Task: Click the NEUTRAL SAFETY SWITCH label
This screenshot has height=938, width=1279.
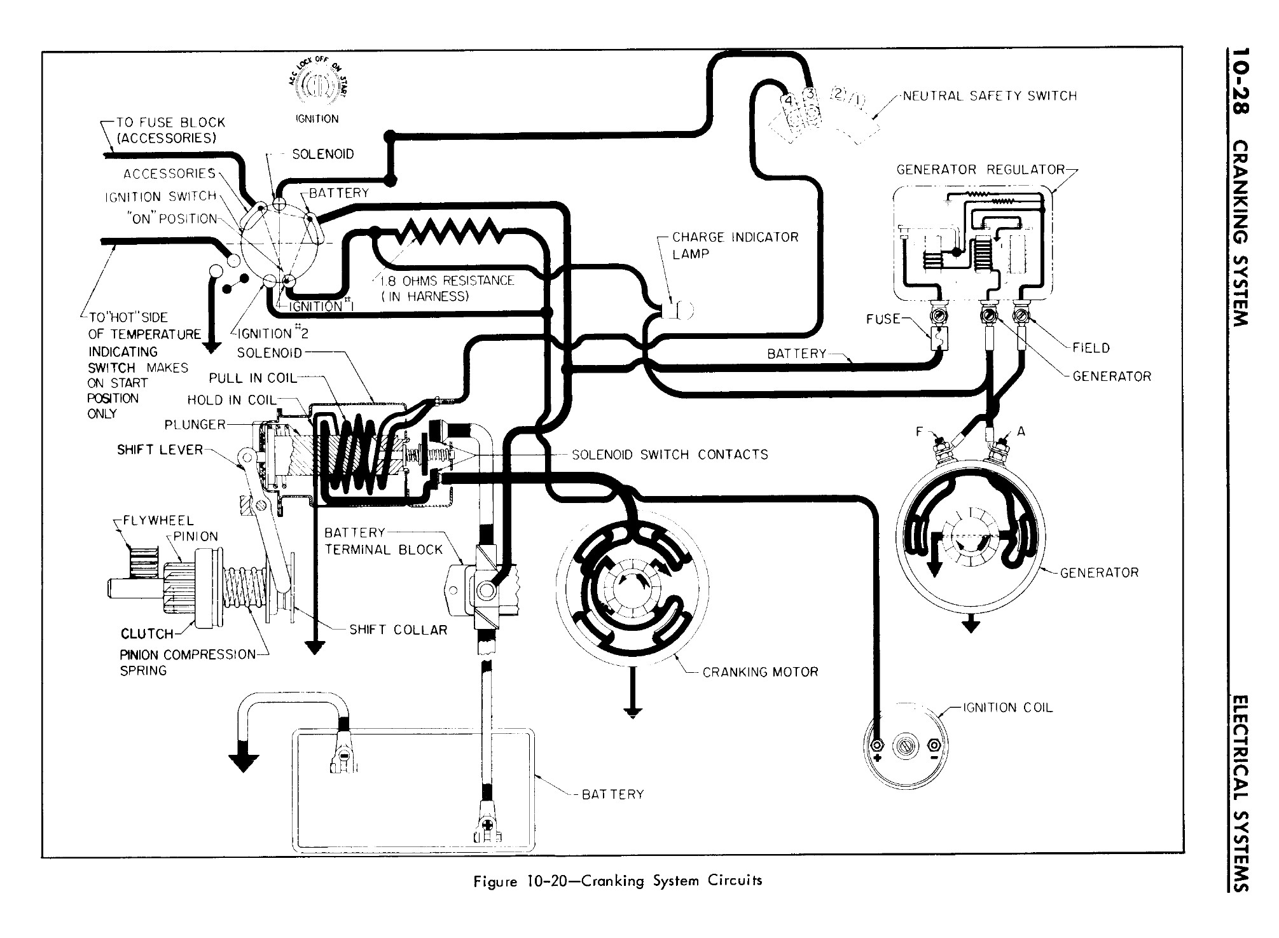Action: click(990, 96)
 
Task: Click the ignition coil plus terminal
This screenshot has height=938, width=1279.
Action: click(878, 745)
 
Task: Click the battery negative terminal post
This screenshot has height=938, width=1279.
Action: click(343, 757)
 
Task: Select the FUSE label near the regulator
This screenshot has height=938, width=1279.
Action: click(883, 319)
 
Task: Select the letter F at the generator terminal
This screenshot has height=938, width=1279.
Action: click(919, 432)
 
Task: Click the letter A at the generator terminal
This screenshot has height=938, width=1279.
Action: click(1021, 431)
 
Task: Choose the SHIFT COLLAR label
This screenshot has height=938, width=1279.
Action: click(398, 630)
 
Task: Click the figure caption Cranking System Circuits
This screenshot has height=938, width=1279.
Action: click(618, 881)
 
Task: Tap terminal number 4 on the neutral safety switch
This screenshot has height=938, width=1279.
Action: click(787, 100)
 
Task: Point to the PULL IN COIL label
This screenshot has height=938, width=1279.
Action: click(253, 378)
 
